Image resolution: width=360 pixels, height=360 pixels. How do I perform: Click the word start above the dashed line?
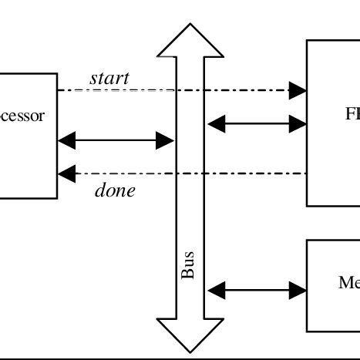pyautogui.click(x=109, y=78)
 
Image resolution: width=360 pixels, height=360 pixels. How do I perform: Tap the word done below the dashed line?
pyautogui.click(x=114, y=190)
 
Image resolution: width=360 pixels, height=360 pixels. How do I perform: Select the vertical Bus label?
pyautogui.click(x=187, y=265)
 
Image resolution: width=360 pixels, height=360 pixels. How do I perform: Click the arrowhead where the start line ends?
pyautogui.click(x=298, y=91)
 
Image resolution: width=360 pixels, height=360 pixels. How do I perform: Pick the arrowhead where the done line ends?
pyautogui.click(x=67, y=173)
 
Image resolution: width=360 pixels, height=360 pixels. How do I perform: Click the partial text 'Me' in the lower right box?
pyautogui.click(x=348, y=283)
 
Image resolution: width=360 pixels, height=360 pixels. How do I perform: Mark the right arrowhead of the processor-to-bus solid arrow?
pyautogui.click(x=165, y=140)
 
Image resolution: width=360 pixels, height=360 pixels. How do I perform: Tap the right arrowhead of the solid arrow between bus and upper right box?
pyautogui.click(x=298, y=122)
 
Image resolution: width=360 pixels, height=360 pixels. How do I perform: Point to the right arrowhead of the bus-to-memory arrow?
pyautogui.click(x=298, y=291)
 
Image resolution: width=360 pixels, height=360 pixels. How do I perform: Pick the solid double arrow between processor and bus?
pyautogui.click(x=116, y=140)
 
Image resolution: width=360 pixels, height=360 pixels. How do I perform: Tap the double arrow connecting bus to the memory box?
pyautogui.click(x=257, y=291)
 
